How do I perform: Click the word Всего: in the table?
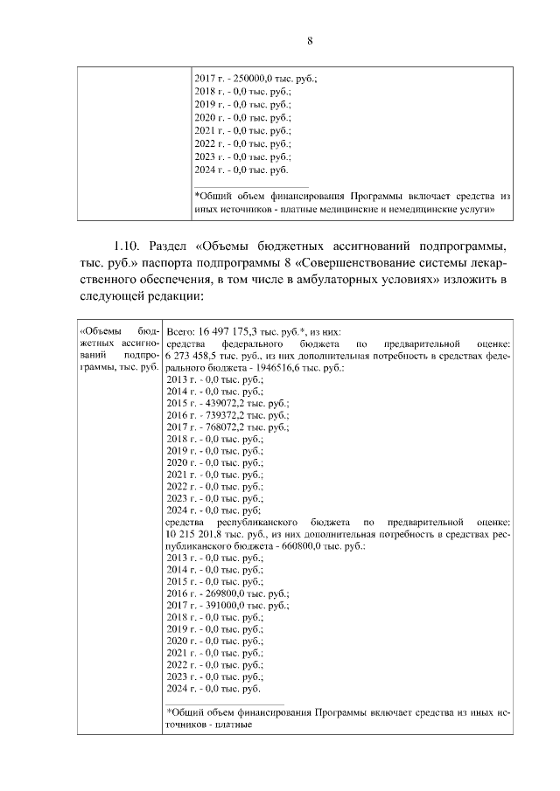point(182,332)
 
